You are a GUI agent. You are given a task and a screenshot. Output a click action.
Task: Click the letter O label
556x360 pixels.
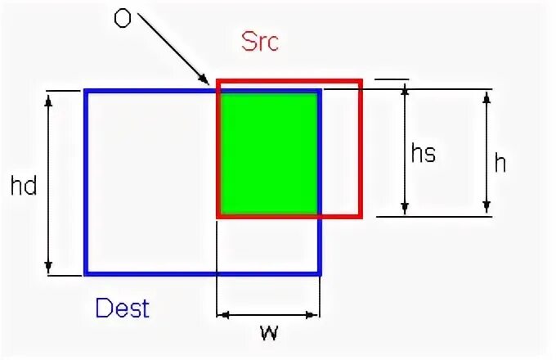(x=122, y=18)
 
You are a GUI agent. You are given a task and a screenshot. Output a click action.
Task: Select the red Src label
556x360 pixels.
(x=260, y=42)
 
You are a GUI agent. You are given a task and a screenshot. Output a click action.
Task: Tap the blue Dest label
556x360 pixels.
(x=123, y=308)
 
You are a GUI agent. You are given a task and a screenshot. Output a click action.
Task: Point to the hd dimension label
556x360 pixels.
(x=25, y=186)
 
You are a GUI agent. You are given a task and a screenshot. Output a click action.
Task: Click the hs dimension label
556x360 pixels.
(x=423, y=153)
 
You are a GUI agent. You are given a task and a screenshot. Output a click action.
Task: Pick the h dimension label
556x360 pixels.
(x=500, y=163)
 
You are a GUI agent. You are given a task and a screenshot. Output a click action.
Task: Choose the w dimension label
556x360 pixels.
(x=268, y=333)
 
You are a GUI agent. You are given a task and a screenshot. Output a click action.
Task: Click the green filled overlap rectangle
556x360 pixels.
(x=268, y=153)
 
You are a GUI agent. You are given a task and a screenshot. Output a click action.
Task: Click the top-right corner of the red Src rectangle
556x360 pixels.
(x=360, y=81)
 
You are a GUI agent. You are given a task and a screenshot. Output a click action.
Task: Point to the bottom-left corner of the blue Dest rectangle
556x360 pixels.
(x=86, y=273)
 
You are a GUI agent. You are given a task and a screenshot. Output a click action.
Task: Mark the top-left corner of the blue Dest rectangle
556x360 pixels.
(x=86, y=91)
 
